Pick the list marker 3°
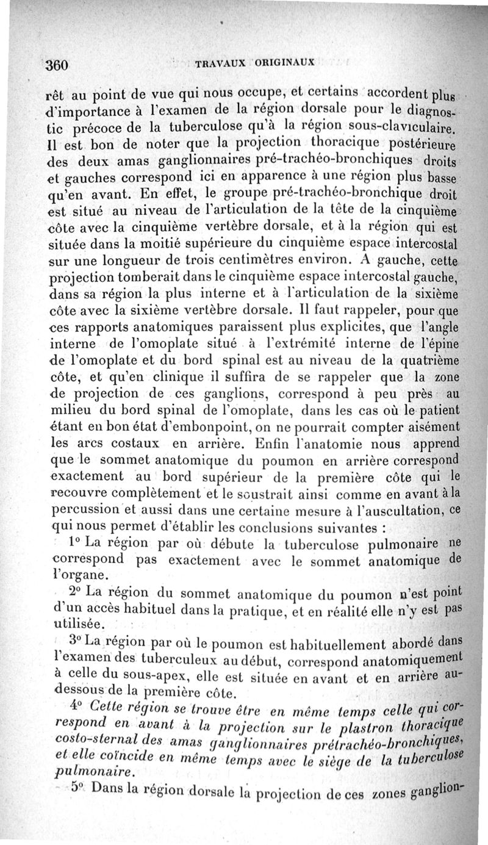click(x=76, y=642)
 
